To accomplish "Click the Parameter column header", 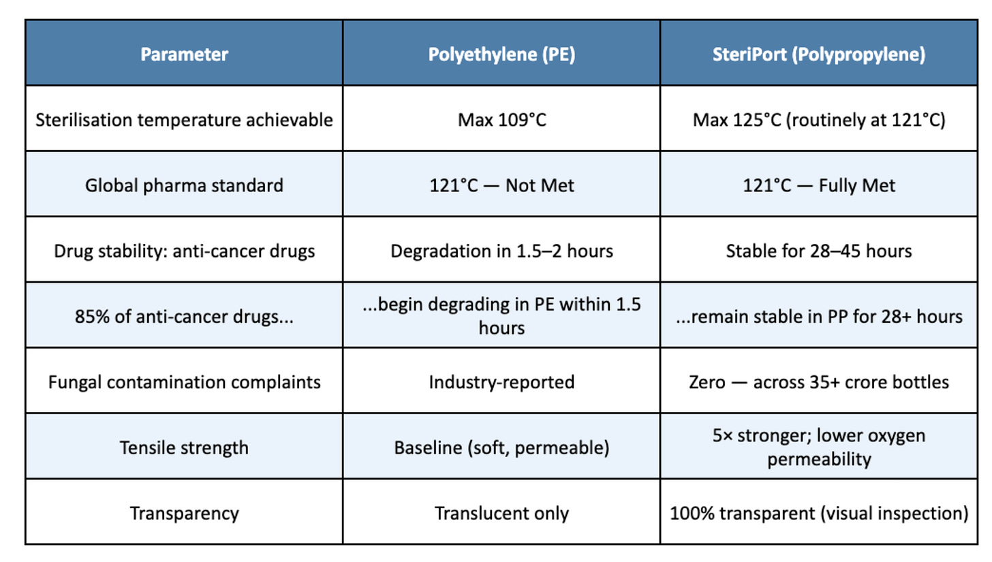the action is pos(184,54).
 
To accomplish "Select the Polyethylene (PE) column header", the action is pos(501,54).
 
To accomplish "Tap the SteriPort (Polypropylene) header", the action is pos(819,54).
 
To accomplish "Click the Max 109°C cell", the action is pos(501,120).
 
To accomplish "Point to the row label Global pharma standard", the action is pos(184,185).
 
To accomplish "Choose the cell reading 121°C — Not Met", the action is pos(501,185).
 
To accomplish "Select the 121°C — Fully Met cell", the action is pos(819,185).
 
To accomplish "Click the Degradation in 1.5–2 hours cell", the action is pos(501,251).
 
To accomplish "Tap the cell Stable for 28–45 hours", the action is pos(819,251).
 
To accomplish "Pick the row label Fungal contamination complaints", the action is pos(184,382).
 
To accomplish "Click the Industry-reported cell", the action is pos(501,382).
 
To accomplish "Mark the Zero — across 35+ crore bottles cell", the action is pos(819,382).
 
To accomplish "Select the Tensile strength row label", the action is pos(184,448).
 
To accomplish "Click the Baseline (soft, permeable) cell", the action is pos(501,448).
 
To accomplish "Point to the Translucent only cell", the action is pos(501,513).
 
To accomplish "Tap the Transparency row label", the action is pos(184,513).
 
